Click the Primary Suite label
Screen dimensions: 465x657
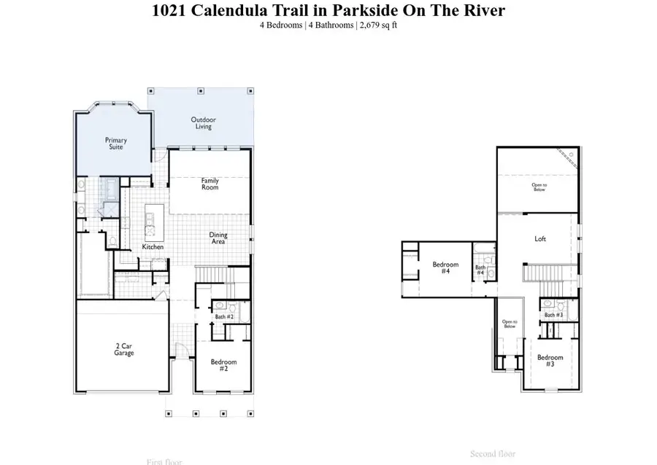click(x=115, y=144)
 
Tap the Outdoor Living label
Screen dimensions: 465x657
click(x=203, y=123)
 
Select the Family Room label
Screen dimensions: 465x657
click(x=210, y=184)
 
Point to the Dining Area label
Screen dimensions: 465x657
click(x=218, y=238)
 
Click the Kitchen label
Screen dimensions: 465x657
click(x=153, y=247)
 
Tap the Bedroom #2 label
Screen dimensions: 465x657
click(x=223, y=365)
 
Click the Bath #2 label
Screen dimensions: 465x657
click(x=224, y=317)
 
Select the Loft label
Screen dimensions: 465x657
click(x=540, y=238)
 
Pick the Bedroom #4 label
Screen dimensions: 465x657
click(x=445, y=267)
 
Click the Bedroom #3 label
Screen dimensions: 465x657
click(x=550, y=361)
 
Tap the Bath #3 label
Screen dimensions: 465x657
click(x=553, y=315)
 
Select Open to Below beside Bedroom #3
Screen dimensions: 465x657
click(x=510, y=324)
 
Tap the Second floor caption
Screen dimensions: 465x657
click(x=493, y=454)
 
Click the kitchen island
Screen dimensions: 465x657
click(x=153, y=222)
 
